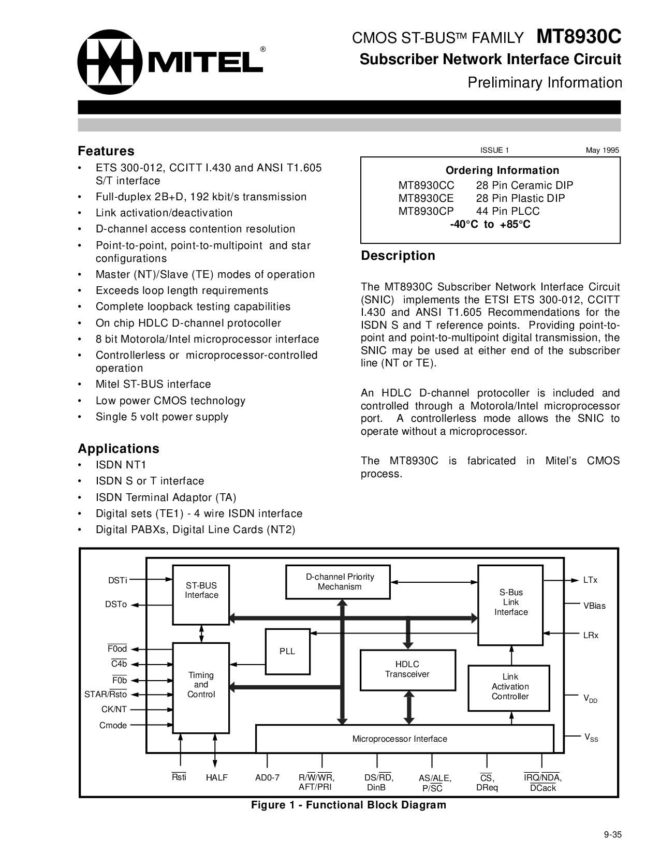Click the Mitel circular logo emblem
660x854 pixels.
(110, 62)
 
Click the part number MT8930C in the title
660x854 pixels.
(579, 37)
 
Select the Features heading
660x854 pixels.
(106, 151)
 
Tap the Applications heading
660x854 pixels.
(119, 449)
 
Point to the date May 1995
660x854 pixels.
(602, 150)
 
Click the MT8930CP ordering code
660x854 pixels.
(426, 211)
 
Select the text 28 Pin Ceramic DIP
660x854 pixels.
(524, 185)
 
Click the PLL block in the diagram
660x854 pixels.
(287, 651)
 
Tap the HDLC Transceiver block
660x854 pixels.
(407, 669)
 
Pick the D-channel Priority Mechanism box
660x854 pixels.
(339, 582)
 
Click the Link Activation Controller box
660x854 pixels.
(510, 687)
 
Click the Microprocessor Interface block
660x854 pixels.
(400, 739)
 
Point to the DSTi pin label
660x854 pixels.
(118, 580)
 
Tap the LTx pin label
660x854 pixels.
(590, 580)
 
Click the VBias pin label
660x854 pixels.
(594, 606)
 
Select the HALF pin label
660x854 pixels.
(216, 777)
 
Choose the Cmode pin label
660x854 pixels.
(113, 725)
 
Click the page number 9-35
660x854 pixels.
(612, 834)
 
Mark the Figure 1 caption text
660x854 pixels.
(348, 805)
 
